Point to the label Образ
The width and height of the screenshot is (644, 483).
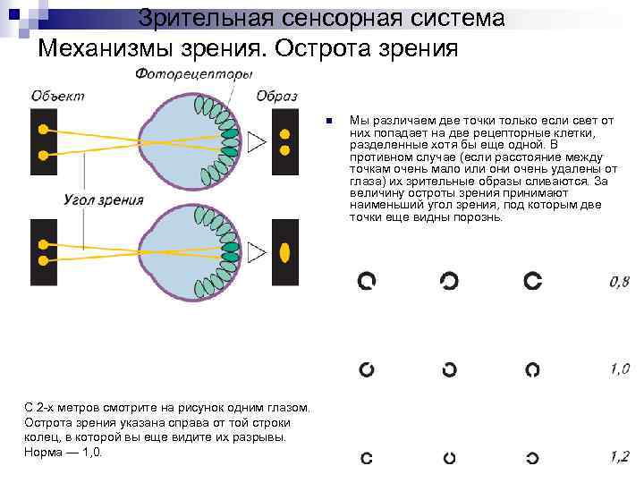click(x=275, y=96)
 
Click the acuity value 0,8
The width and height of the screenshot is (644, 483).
click(x=619, y=282)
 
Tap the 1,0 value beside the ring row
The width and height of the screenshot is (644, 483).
click(x=619, y=369)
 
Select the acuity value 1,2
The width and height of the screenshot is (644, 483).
click(x=619, y=456)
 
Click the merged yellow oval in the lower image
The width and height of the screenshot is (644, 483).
click(x=285, y=253)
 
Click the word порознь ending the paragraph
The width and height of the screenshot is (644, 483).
click(x=479, y=216)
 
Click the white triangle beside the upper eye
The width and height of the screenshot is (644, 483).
click(x=257, y=140)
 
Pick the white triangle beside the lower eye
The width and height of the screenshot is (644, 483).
click(x=257, y=253)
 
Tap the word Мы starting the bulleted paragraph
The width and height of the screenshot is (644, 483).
click(x=358, y=120)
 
